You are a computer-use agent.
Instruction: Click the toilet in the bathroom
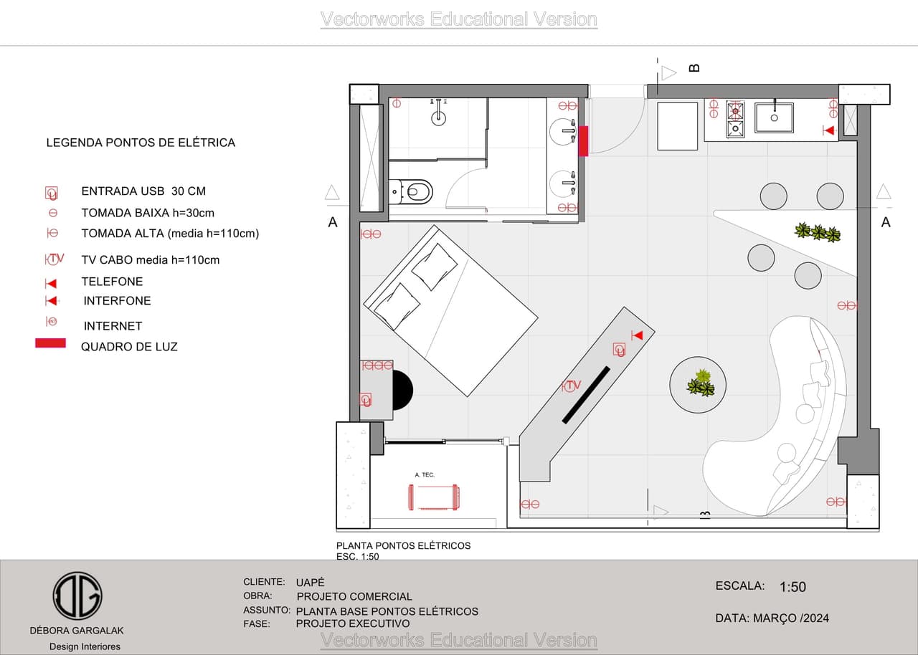411,191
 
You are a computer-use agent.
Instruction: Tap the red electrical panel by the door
583,141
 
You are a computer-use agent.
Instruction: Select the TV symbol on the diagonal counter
572,386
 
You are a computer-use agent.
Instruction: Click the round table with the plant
698,385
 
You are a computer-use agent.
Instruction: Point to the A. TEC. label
425,475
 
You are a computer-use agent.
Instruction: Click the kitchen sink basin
774,118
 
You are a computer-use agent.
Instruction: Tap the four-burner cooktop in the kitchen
736,120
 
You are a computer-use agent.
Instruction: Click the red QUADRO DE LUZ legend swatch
50,343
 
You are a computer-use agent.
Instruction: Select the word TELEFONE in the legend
112,282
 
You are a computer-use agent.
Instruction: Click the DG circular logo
77,596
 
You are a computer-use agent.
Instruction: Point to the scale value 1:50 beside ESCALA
792,587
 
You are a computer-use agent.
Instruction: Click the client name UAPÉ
311,582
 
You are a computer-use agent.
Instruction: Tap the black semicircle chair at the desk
402,390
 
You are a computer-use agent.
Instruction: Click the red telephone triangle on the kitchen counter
828,130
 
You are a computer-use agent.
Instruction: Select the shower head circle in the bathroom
438,119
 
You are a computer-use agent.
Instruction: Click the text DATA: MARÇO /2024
772,618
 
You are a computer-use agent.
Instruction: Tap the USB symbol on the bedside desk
366,400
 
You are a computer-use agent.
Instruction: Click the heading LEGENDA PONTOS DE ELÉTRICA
141,143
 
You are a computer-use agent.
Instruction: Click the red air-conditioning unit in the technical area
434,497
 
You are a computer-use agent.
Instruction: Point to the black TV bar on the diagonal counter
586,395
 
